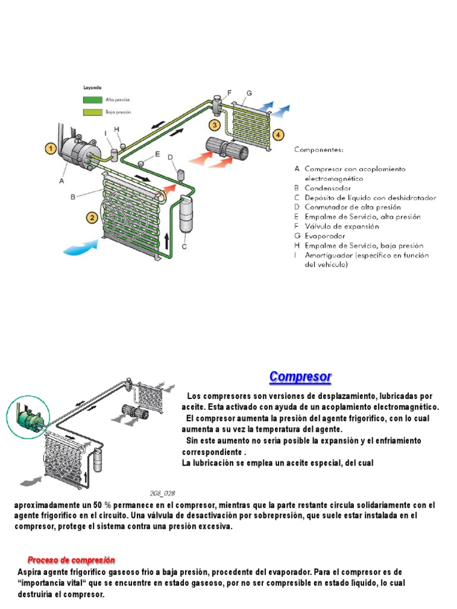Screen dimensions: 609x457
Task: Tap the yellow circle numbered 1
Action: pyautogui.click(x=51, y=149)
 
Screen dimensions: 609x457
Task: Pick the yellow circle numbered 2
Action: pyautogui.click(x=92, y=218)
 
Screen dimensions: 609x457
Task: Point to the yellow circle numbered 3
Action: pyautogui.click(x=214, y=125)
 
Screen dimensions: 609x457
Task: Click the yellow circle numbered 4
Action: pyautogui.click(x=278, y=134)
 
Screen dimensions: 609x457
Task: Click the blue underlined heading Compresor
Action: pyautogui.click(x=300, y=377)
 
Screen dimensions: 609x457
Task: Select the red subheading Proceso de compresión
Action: pyautogui.click(x=71, y=560)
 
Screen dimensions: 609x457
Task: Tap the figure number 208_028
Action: pyautogui.click(x=162, y=493)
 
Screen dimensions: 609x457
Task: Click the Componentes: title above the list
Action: pyautogui.click(x=321, y=151)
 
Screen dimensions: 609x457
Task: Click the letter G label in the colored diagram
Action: pyautogui.click(x=249, y=93)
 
